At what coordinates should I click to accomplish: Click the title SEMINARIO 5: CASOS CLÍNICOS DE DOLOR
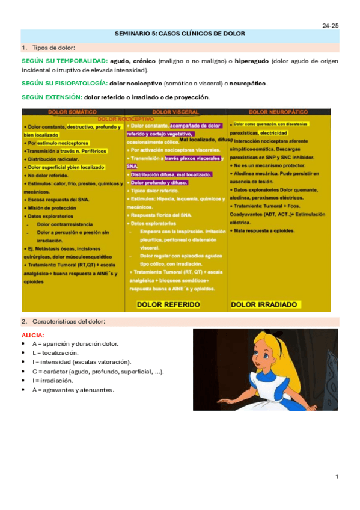point(180,34)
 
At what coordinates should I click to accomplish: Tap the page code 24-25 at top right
point(330,26)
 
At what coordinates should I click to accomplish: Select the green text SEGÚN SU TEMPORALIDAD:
point(64,61)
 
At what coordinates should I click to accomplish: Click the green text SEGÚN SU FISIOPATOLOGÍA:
point(64,83)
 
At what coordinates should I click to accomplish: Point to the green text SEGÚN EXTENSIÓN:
point(52,97)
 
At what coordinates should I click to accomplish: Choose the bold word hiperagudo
point(251,61)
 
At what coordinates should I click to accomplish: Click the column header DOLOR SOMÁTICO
point(72,112)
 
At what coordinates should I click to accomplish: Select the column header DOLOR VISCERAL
point(175,112)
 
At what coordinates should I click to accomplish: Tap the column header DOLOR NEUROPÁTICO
point(278,112)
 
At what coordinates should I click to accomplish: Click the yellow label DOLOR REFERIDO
point(168,304)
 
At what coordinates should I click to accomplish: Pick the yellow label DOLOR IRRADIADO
point(264,304)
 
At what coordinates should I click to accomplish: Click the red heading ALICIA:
point(33,335)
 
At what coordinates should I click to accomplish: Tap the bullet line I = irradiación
point(54,381)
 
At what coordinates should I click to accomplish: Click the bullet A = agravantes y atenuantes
point(73,390)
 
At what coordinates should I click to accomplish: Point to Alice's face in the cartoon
point(265,354)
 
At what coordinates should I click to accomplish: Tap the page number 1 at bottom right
point(337,476)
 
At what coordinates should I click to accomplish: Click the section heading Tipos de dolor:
point(53,48)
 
